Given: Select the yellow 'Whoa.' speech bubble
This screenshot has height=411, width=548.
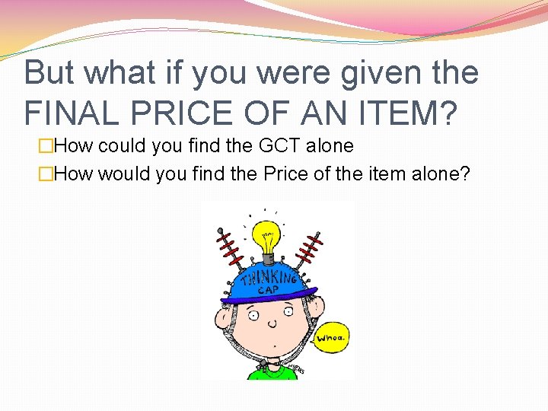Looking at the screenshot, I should [333, 336].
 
